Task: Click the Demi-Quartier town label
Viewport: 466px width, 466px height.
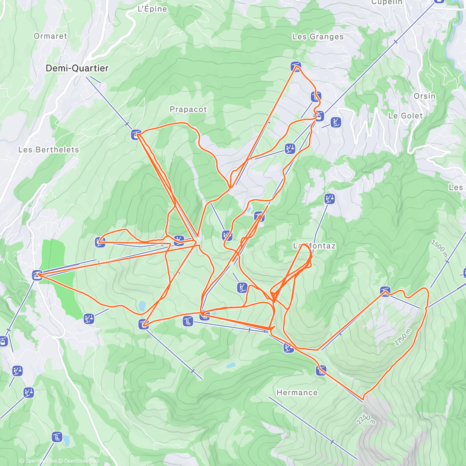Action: coord(77,68)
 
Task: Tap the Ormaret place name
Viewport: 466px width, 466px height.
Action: coord(50,36)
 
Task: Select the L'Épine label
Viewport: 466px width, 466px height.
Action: coord(152,9)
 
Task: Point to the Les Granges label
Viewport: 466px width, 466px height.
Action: coord(318,37)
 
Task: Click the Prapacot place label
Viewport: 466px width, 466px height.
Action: coord(188,110)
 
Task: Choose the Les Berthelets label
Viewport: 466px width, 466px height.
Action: coord(49,150)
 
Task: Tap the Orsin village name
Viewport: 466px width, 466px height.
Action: coord(424,96)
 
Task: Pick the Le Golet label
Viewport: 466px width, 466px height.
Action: coord(405,116)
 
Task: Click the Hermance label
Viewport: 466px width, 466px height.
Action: coord(297,393)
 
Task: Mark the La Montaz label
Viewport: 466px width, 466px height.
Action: coord(314,246)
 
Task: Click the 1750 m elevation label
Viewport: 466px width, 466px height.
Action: coord(403,337)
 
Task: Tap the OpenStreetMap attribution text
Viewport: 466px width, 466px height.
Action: coord(81,461)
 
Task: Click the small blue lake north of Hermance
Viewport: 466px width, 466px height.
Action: coord(231,365)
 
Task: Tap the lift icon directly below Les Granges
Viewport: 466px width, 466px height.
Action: coord(296,66)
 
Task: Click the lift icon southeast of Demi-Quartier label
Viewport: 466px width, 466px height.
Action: coord(136,135)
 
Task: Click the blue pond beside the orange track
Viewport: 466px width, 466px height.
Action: coord(142,306)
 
